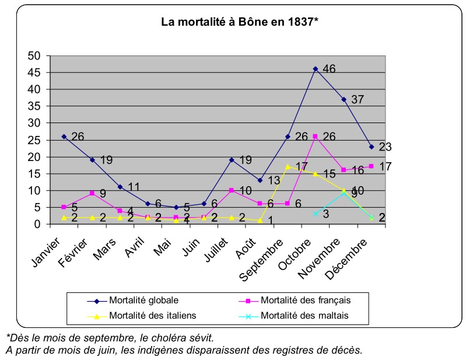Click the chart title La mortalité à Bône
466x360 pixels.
pos(239,23)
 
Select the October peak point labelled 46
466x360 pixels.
pos(316,69)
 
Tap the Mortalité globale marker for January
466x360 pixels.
pos(64,137)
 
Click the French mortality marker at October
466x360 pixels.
pos(316,137)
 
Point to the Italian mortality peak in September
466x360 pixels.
pos(288,166)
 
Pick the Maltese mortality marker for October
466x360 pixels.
pos(316,214)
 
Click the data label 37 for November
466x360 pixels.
pos(357,100)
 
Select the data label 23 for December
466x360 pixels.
pos(386,147)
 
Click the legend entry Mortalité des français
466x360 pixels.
pos(306,300)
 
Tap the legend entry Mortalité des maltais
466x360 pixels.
pos(304,316)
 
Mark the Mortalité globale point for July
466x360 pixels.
pos(232,160)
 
